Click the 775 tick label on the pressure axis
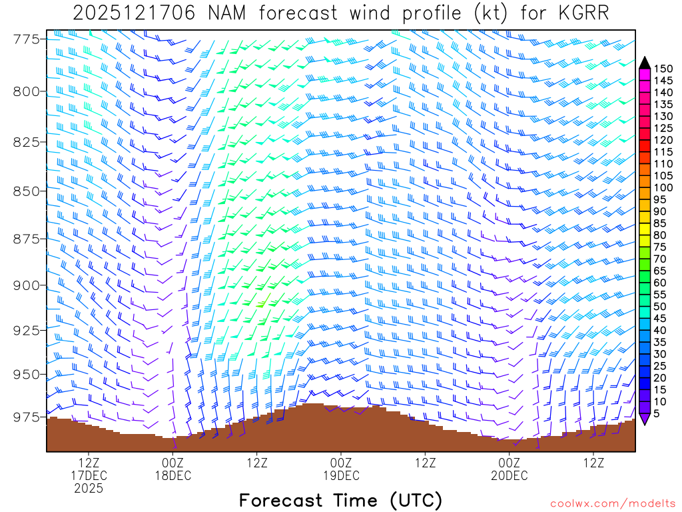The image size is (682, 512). coord(27,39)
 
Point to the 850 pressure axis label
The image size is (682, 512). coord(27,191)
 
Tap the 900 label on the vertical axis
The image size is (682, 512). coord(27,285)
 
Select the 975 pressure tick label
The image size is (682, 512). coord(27,417)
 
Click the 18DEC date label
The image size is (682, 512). coord(172,475)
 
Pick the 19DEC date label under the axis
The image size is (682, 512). coord(341,475)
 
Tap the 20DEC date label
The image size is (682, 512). coord(510,475)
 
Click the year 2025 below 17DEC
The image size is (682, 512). coord(89,489)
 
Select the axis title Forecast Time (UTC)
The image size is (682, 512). coord(340,500)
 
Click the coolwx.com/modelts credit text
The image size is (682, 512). coord(612,503)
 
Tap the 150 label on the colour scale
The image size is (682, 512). coord(663,69)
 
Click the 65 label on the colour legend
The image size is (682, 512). coord(660,271)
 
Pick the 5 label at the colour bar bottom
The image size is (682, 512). coord(657,414)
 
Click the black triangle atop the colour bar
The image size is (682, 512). coord(644,63)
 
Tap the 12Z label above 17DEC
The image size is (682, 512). coord(89,462)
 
